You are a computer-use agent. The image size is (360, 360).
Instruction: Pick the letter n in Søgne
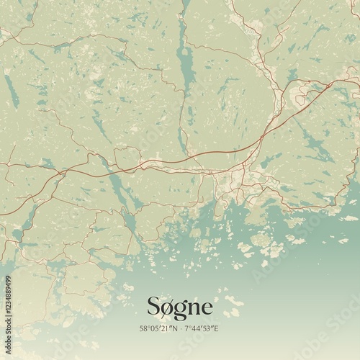196,309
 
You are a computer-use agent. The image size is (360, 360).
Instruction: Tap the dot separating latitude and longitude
181,328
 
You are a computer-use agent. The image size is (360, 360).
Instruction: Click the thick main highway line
216,152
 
